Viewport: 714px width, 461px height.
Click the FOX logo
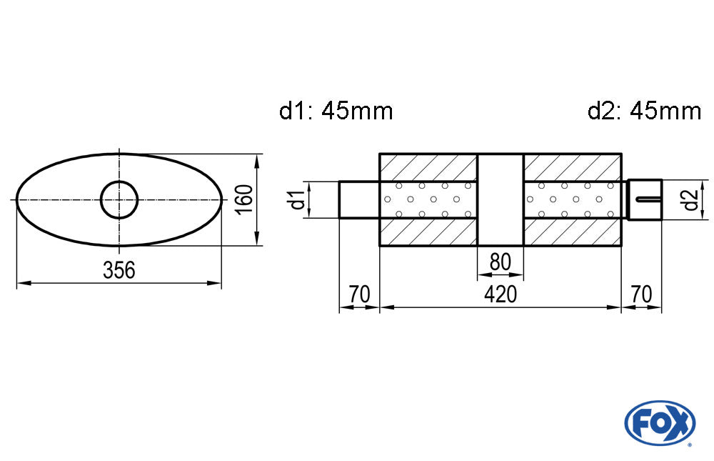[660, 422]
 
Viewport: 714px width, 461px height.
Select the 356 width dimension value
[119, 270]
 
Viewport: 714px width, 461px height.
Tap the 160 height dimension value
[245, 199]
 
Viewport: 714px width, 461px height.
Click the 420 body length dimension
[501, 294]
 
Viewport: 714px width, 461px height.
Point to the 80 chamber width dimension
[501, 262]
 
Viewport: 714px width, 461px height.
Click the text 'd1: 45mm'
[336, 111]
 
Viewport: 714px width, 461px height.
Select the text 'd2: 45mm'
[644, 111]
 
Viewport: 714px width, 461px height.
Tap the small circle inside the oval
[119, 199]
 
